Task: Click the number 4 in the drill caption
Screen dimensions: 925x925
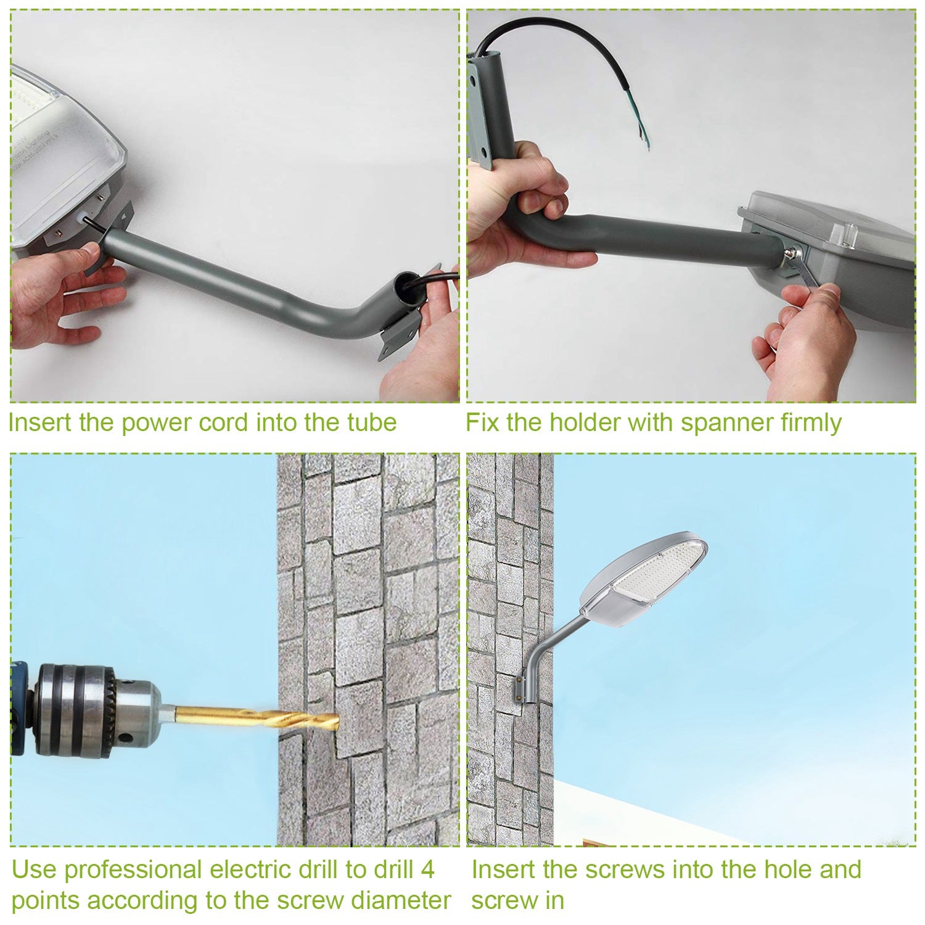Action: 427,869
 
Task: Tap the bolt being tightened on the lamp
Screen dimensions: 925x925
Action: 791,252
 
